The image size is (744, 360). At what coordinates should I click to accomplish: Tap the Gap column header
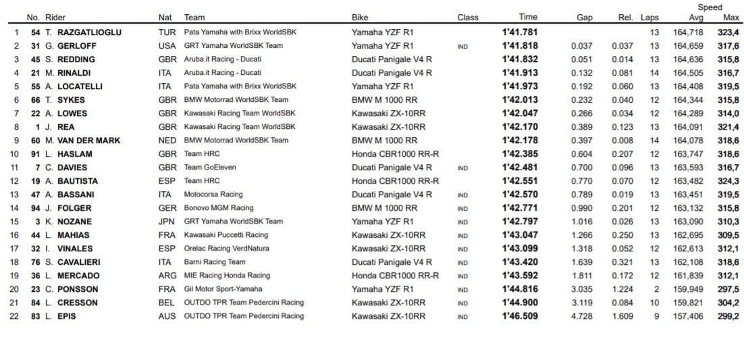click(x=585, y=18)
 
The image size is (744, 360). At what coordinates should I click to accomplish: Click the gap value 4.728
click(x=581, y=316)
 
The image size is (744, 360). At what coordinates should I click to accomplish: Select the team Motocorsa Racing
click(x=213, y=195)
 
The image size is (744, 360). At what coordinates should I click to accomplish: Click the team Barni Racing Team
click(x=215, y=262)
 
